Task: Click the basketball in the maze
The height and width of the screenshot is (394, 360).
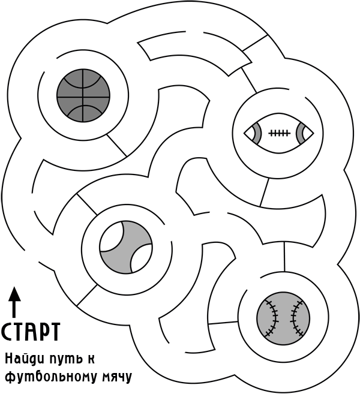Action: [x=83, y=94]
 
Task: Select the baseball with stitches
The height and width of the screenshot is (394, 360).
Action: [x=283, y=318]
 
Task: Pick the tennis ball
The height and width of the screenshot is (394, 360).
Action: [x=125, y=246]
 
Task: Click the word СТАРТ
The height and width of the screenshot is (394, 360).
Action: [x=31, y=332]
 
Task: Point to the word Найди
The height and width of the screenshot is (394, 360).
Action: [x=23, y=359]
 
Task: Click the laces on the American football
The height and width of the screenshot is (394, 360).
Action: [x=279, y=133]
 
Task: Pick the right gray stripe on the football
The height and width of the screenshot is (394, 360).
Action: [x=301, y=133]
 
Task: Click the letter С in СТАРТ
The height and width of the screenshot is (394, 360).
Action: [x=7, y=332]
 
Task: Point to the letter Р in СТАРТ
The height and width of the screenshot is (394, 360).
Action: [x=42, y=332]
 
